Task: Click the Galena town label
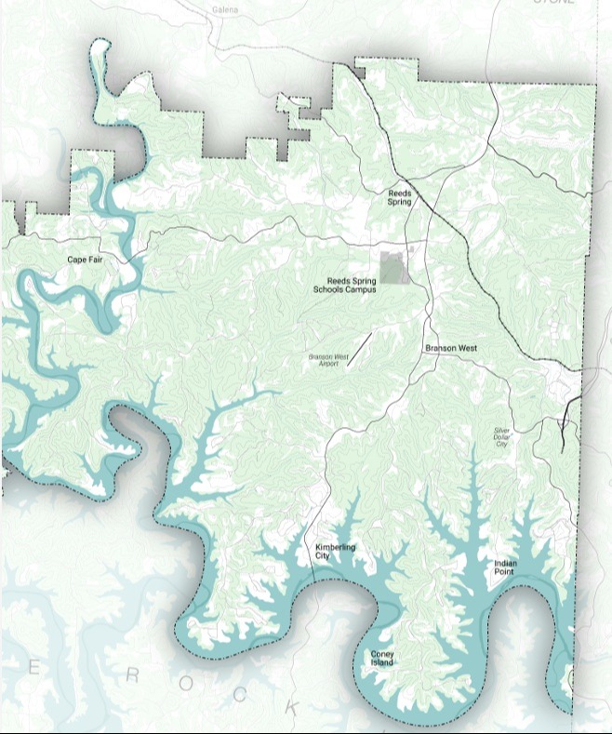tap(225, 9)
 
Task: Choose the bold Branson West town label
tap(451, 348)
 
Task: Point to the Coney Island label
tap(382, 658)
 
